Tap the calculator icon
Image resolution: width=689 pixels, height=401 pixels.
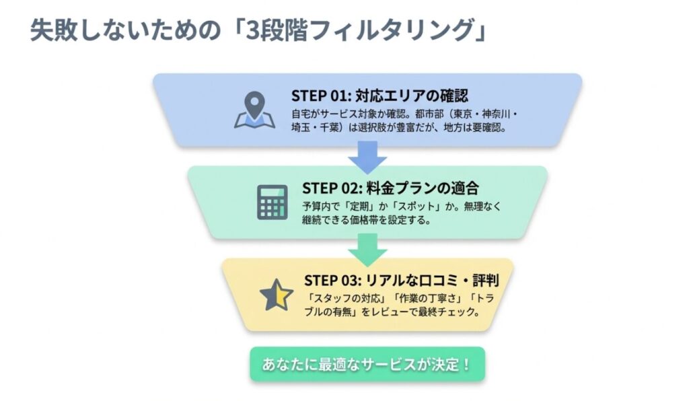(272, 201)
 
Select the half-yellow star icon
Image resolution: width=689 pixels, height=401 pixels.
(276, 294)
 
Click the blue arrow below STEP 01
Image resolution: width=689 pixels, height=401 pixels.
(367, 160)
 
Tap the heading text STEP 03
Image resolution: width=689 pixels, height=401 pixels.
(332, 279)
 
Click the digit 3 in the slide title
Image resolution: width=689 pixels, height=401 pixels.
(253, 32)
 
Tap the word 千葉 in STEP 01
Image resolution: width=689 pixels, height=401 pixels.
(334, 126)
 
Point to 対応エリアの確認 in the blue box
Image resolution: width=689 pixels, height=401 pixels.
(412, 94)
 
